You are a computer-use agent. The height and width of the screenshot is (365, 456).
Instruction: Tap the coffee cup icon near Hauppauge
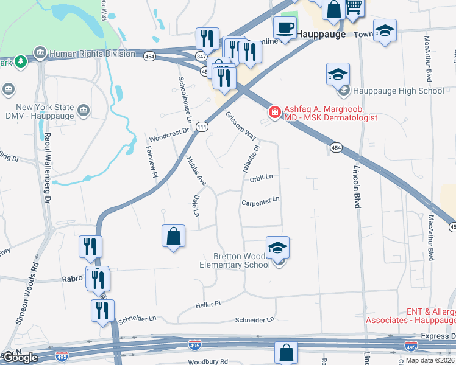click(x=285, y=27)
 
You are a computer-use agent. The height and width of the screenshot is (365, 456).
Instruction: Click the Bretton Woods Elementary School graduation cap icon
click(x=277, y=247)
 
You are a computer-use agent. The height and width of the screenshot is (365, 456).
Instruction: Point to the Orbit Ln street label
click(x=260, y=178)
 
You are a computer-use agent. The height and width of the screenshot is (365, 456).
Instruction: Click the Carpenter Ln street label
click(x=260, y=200)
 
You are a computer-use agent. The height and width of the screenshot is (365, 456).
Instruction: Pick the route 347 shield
click(x=201, y=55)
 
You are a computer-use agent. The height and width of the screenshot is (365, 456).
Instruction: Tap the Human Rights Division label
click(x=92, y=54)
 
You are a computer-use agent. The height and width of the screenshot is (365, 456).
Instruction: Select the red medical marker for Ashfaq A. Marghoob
click(x=274, y=113)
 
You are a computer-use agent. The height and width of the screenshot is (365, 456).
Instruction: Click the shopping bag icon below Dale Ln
click(x=174, y=235)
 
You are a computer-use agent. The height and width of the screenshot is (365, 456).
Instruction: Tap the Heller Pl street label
click(x=207, y=303)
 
